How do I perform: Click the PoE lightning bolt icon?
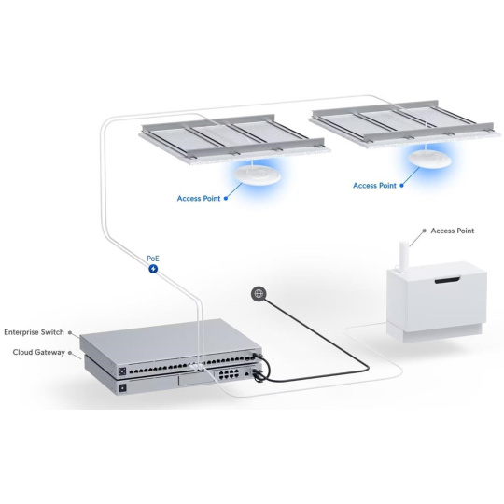click(153, 269)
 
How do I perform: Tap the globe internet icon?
click(259, 293)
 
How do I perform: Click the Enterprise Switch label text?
click(35, 332)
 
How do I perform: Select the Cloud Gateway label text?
click(39, 352)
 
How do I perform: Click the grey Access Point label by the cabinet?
click(453, 231)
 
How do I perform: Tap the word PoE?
click(153, 259)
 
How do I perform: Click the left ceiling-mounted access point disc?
click(258, 175)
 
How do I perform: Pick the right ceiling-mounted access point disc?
click(429, 159)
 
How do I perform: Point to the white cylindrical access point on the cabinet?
click(404, 256)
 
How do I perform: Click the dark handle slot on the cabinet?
click(447, 280)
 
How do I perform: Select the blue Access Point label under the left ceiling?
click(199, 198)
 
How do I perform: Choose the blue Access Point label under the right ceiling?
click(374, 186)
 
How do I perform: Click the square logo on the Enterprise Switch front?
click(122, 371)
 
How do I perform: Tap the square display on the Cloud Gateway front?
click(122, 388)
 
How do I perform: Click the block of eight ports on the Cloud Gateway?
click(229, 374)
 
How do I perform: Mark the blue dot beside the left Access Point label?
click(226, 198)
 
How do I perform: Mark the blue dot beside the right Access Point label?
click(401, 186)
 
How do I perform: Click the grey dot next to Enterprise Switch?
click(70, 333)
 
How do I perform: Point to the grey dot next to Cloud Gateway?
click(70, 353)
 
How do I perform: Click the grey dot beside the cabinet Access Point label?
click(425, 231)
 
